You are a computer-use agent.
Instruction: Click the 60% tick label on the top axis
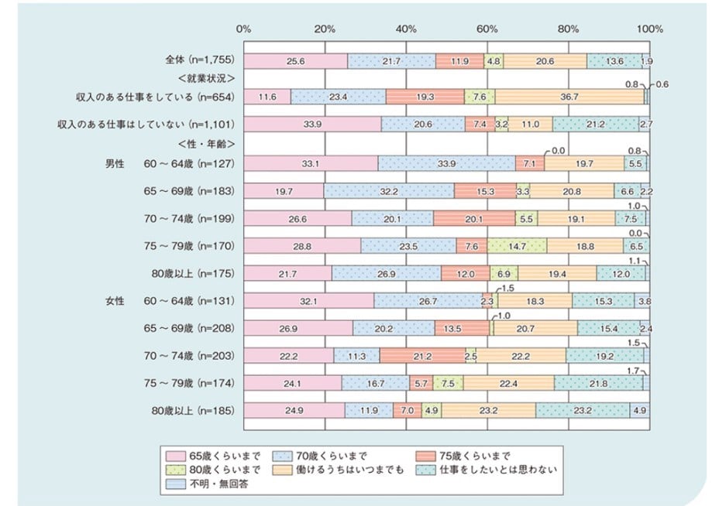pos(487,29)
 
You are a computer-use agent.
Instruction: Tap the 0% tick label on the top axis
pos(244,29)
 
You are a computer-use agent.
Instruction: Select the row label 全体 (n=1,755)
pos(198,60)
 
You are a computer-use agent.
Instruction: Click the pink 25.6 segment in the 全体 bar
pos(295,60)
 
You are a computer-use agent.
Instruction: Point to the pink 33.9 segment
pos(312,124)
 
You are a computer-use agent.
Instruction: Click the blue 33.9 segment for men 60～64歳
pos(447,163)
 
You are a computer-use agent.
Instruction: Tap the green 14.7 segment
pos(517,245)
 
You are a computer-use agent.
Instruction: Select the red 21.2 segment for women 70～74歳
pos(422,355)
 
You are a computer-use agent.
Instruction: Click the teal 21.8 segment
pos(598,382)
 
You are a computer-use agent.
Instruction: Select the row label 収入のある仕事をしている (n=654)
pos(144,97)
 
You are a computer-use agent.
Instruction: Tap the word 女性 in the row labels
pos(118,299)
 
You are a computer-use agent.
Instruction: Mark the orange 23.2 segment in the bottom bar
pos(489,409)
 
